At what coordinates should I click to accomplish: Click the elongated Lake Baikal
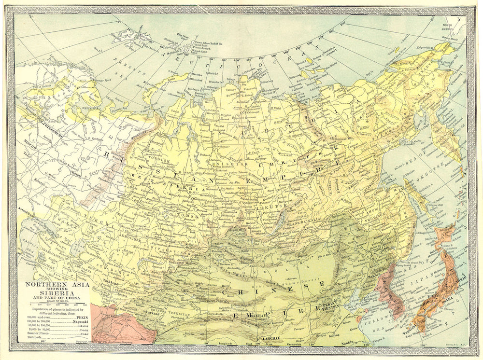coord(276,222)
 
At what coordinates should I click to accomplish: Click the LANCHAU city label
coord(271,339)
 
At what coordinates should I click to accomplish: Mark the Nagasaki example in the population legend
coord(77,320)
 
